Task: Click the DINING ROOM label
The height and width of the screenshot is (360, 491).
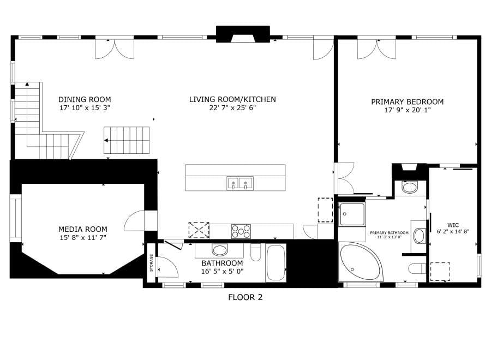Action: click(85, 100)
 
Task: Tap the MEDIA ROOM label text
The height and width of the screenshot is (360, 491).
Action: click(83, 229)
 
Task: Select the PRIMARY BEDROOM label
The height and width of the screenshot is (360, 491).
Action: click(408, 102)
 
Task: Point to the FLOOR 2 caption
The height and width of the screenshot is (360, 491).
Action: click(245, 297)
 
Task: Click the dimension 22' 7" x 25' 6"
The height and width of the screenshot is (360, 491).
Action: click(232, 108)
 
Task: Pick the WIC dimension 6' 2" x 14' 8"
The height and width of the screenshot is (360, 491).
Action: click(453, 232)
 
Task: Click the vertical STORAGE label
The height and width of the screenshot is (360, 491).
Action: click(152, 263)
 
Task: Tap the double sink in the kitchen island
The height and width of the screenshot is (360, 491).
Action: click(240, 183)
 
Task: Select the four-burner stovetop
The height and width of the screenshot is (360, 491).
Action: click(241, 232)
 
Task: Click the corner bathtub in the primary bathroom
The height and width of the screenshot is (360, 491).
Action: click(360, 262)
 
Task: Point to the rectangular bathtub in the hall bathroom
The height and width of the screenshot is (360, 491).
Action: click(276, 263)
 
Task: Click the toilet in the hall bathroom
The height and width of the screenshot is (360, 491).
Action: click(256, 253)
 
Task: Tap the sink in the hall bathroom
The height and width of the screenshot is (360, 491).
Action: click(219, 250)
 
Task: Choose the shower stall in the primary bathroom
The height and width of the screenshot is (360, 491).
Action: click(352, 214)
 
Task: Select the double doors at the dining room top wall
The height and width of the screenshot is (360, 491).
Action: click(115, 49)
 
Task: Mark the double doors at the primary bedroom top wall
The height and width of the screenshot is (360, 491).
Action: click(376, 49)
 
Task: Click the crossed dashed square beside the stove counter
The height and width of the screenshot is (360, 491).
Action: click(199, 230)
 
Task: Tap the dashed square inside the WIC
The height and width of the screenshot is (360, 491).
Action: click(440, 272)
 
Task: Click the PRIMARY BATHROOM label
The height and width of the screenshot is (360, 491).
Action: click(389, 233)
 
